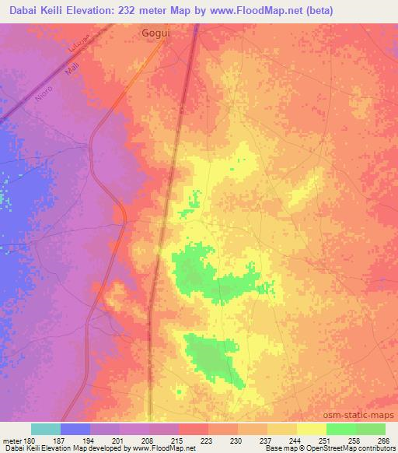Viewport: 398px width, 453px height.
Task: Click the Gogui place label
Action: coord(155,33)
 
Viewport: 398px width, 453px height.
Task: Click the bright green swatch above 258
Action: coord(340,429)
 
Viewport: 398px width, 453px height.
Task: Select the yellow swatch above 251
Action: coord(311,429)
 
